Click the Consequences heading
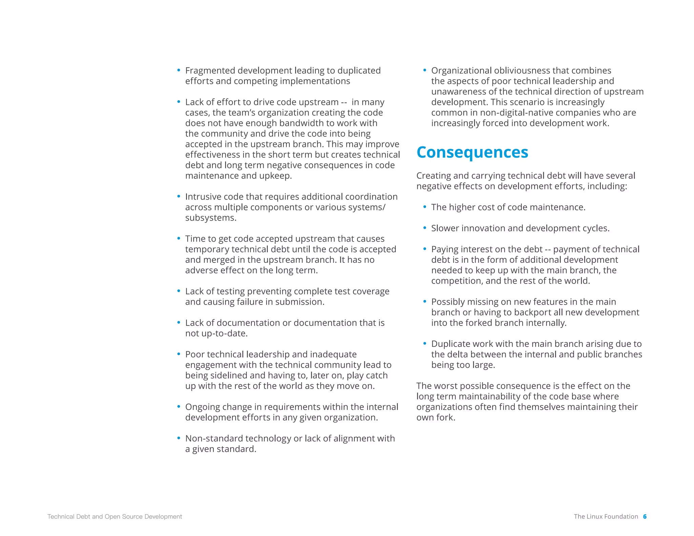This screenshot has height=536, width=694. (472, 152)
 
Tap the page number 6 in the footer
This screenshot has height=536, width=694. (645, 516)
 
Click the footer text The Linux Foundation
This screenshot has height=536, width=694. (606, 516)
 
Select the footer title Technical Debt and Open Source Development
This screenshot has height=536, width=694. (115, 516)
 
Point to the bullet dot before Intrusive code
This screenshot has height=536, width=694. (179, 197)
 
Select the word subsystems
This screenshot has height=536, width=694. (210, 218)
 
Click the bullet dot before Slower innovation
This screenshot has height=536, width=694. (425, 228)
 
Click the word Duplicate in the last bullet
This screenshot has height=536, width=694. (450, 344)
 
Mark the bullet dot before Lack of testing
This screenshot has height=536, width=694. (179, 291)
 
